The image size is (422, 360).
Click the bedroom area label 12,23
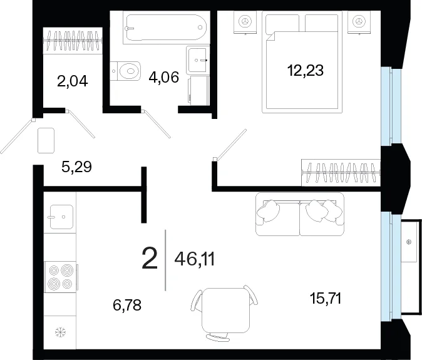click(305, 71)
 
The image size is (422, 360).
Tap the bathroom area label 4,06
click(163, 77)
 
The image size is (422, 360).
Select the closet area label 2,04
click(73, 81)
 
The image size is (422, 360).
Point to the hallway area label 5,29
click(77, 167)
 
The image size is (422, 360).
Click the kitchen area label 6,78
click(127, 305)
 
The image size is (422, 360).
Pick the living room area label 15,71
click(326, 299)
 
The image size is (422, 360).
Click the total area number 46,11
click(195, 259)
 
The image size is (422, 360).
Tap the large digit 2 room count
click(150, 259)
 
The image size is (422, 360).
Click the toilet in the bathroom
click(125, 71)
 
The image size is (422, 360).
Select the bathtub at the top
click(167, 28)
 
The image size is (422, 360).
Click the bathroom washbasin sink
click(198, 59)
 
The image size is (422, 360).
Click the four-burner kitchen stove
click(61, 277)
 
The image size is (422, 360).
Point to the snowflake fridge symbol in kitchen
click(60, 332)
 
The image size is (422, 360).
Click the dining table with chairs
click(226, 312)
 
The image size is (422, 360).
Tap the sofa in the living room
click(299, 214)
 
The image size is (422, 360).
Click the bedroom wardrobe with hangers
click(341, 172)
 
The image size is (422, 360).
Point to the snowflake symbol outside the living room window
click(409, 242)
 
